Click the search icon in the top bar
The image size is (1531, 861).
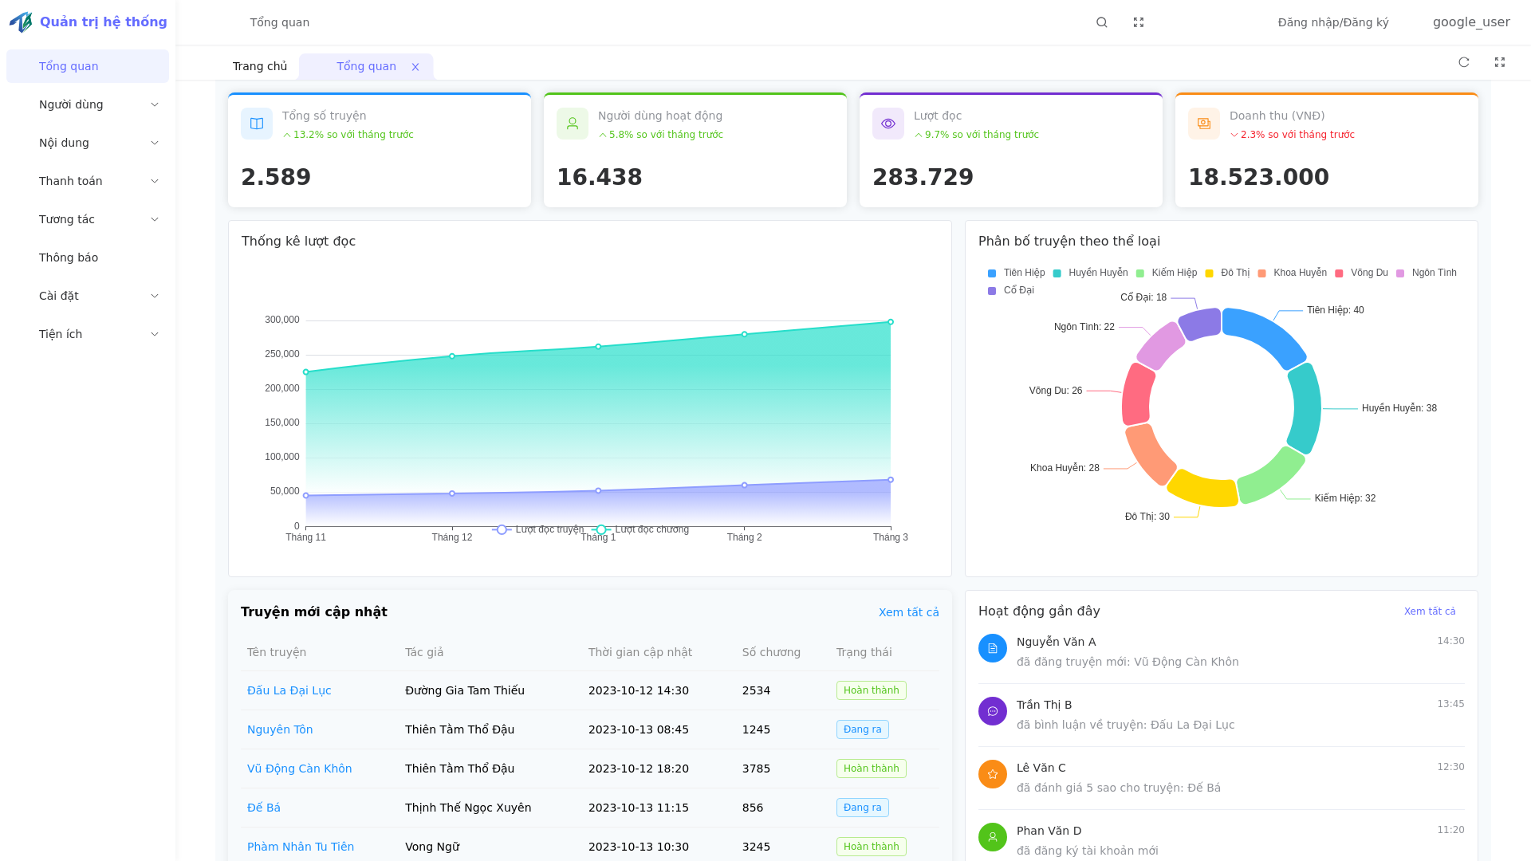(x=1101, y=22)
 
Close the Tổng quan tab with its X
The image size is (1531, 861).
(x=415, y=67)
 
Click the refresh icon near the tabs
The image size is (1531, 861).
(x=1464, y=62)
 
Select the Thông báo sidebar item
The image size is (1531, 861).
(x=69, y=258)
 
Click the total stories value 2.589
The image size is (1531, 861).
(x=276, y=177)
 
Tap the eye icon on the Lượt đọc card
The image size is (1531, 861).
(x=888, y=124)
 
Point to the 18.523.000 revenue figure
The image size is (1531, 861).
(x=1258, y=177)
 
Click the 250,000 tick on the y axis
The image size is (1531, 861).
(x=282, y=354)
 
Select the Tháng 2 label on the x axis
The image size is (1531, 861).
(x=744, y=537)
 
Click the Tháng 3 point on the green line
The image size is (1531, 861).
(x=891, y=322)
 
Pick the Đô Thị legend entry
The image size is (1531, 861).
(x=1228, y=273)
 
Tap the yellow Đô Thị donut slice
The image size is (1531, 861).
(x=1202, y=489)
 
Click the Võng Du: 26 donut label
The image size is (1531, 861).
(x=1055, y=391)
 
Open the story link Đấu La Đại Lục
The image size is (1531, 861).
(x=289, y=690)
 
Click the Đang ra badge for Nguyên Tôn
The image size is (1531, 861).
(x=862, y=729)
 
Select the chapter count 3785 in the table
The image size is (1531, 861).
(x=756, y=769)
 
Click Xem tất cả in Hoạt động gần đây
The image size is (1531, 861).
(x=1429, y=611)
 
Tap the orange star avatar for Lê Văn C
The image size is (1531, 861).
(x=993, y=774)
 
